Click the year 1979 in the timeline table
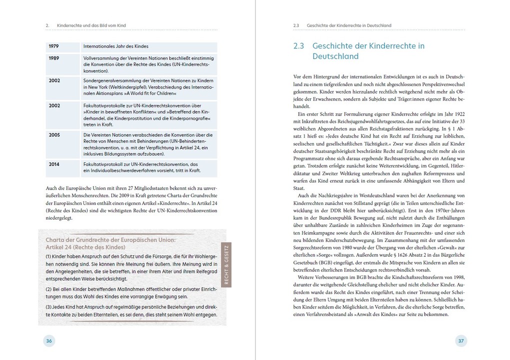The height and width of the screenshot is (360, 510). click(54, 46)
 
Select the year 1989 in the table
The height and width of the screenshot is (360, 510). click(54, 58)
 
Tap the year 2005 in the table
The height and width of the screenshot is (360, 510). click(54, 135)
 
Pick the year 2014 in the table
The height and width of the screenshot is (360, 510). click(54, 164)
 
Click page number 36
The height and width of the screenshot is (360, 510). click(48, 341)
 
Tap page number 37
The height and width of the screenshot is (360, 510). click(461, 341)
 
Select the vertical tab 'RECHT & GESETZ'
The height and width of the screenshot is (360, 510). click(226, 265)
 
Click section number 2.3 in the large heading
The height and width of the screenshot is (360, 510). click(299, 46)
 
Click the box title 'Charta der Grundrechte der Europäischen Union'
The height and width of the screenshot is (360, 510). click(110, 240)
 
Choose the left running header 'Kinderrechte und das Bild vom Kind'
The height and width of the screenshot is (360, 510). click(95, 25)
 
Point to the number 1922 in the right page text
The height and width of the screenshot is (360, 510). click(458, 113)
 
